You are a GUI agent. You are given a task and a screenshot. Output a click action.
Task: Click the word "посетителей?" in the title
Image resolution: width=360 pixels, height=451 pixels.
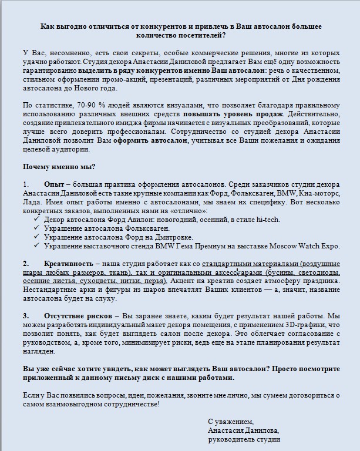(202, 36)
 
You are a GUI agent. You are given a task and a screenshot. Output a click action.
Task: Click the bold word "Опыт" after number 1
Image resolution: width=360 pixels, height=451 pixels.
(54, 184)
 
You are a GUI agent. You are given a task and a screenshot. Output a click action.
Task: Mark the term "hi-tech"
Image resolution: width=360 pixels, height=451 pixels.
(267, 220)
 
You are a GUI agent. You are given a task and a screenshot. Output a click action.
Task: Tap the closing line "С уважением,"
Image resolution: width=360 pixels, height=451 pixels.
(231, 421)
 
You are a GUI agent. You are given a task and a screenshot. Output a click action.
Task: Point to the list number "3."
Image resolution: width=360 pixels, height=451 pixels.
(26, 315)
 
